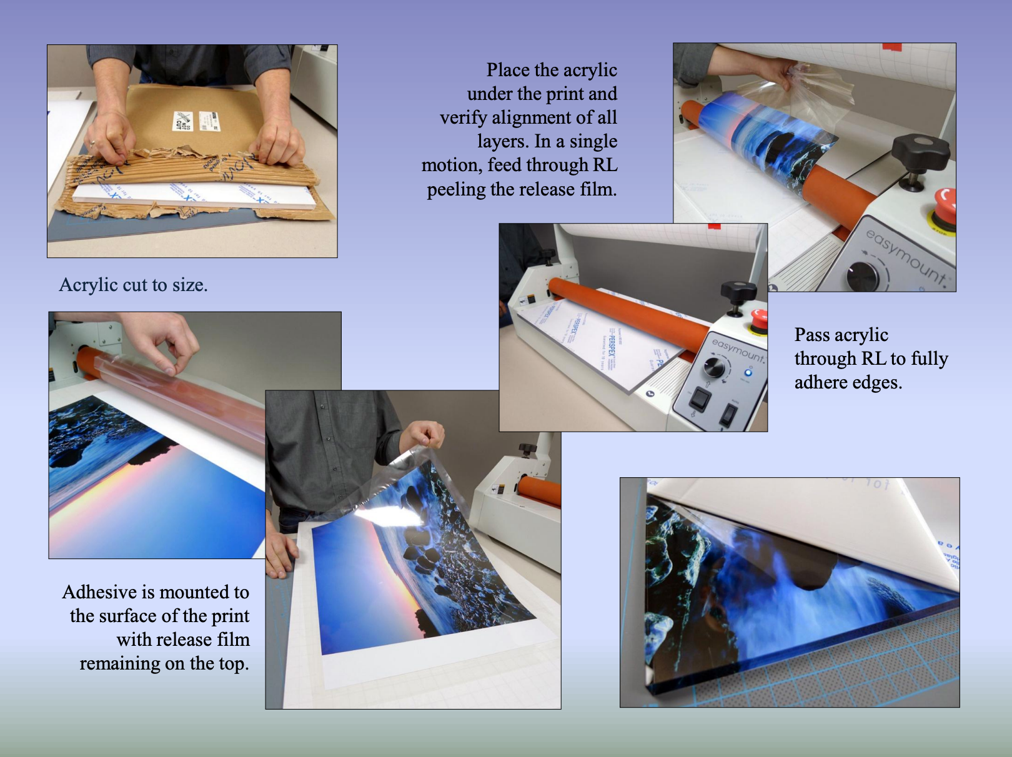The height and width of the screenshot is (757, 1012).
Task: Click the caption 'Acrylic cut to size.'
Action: [x=133, y=285]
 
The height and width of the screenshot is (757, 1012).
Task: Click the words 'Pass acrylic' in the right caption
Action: [x=841, y=335]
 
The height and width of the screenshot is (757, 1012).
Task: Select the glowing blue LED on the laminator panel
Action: [x=748, y=373]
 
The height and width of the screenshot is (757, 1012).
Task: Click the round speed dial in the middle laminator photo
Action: [x=715, y=367]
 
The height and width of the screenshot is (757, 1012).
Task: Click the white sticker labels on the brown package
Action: [x=196, y=121]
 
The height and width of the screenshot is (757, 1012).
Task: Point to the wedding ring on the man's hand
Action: [x=92, y=143]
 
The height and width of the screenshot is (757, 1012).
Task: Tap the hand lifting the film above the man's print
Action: [x=426, y=433]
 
